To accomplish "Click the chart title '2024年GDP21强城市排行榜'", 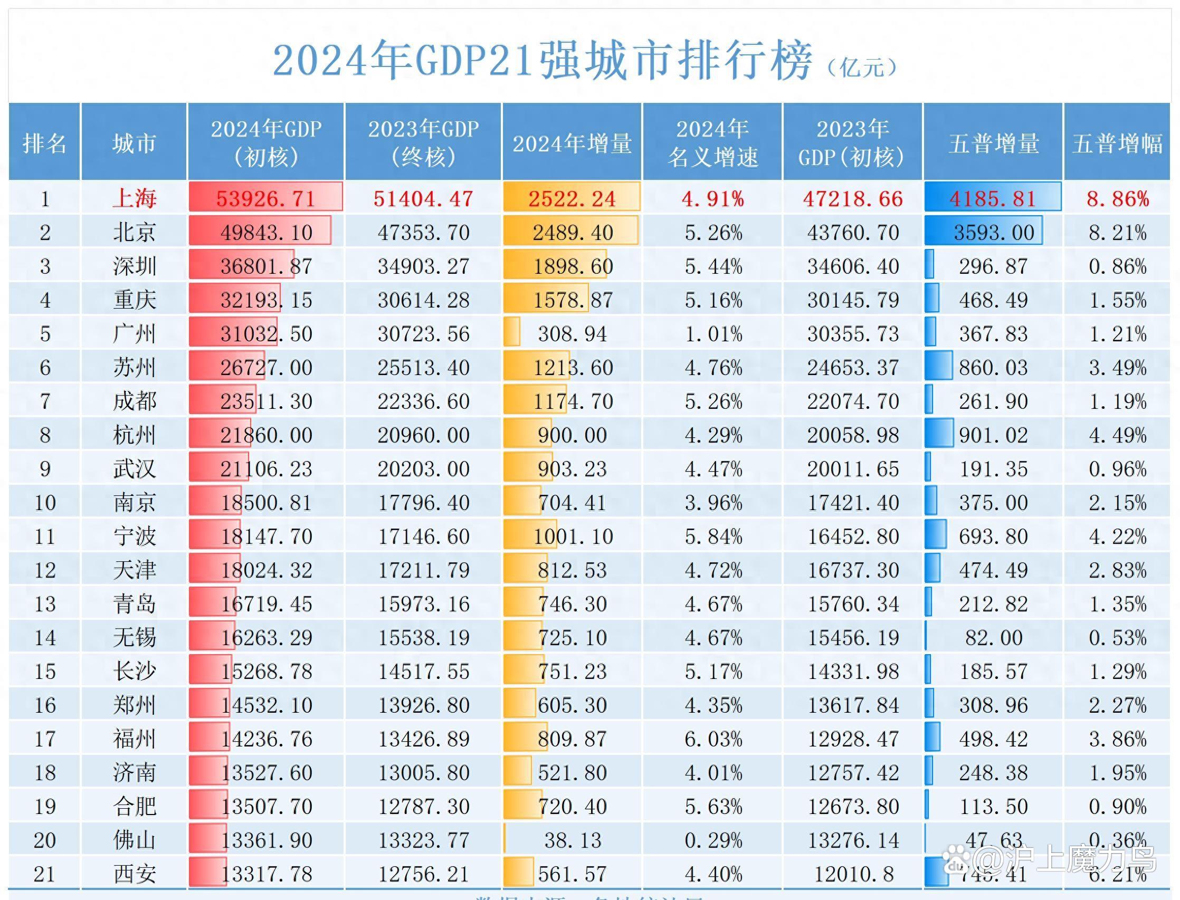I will coord(543,60).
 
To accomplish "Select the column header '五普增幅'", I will coord(1117,143).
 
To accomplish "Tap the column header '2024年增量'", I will coord(572,143).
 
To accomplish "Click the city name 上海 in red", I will coord(135,199).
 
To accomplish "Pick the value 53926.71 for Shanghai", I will coord(266,199).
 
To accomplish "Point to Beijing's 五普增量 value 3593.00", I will coord(994,233).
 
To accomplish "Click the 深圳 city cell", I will coord(135,266).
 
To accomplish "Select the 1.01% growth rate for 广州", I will coord(713,334).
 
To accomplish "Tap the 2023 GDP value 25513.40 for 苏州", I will coord(423,368).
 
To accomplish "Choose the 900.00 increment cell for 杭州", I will coord(572,435).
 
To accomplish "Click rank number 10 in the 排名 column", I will coord(45,503).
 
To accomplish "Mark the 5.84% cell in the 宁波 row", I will coord(713,536).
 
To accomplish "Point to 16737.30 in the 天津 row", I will coord(853,570).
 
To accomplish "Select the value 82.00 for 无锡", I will coord(994,637).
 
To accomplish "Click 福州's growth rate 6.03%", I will coord(713,739).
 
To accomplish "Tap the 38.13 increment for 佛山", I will coord(572,840).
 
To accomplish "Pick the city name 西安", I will coord(135,874).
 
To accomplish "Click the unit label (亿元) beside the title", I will coord(862,68).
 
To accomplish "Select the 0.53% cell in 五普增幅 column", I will coord(1117,637).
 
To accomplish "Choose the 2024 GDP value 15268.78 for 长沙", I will coord(267,671).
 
